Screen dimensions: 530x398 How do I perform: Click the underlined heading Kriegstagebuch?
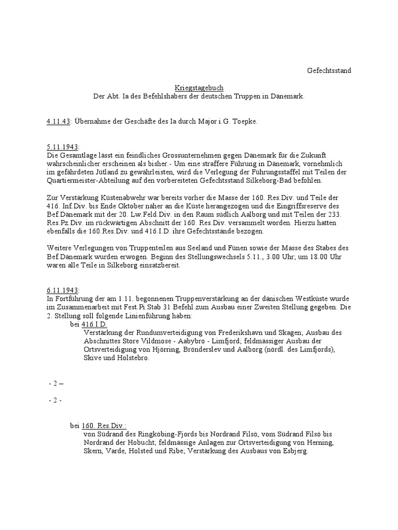tap(199, 89)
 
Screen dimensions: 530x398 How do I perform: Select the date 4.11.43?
tap(59, 122)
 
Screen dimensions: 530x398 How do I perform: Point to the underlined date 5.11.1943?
tap(63, 147)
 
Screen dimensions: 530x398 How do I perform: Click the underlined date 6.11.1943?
tap(63, 291)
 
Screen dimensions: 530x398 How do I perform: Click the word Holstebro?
tap(133, 358)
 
